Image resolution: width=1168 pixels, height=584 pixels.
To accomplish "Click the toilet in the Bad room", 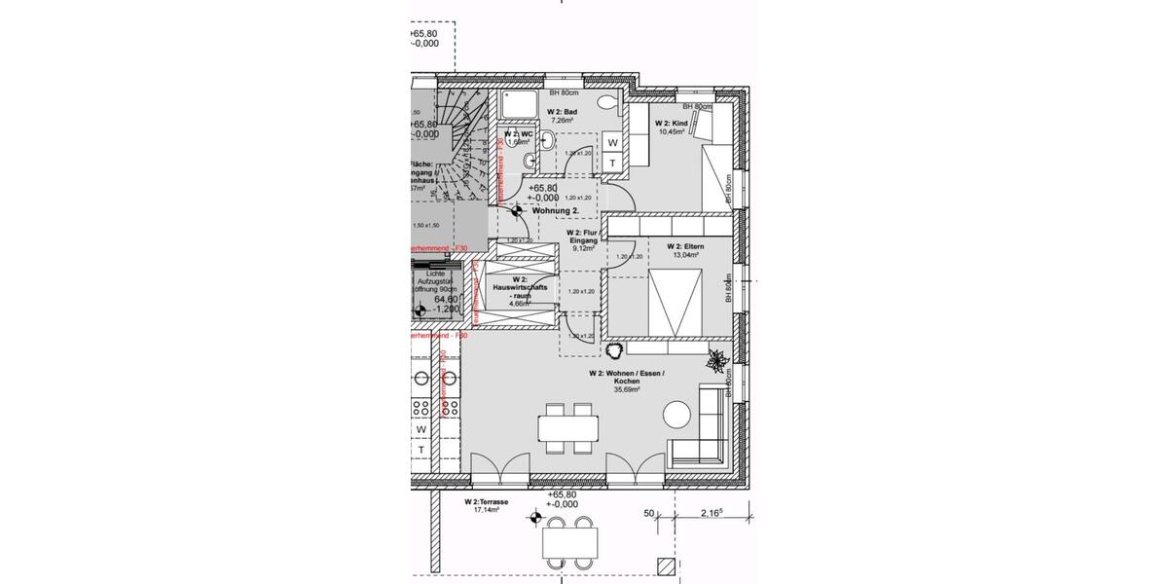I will pyautogui.click(x=608, y=101).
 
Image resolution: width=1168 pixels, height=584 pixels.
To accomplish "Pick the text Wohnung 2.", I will pyautogui.click(x=556, y=209).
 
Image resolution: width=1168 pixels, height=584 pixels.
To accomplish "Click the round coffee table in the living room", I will pyautogui.click(x=677, y=415).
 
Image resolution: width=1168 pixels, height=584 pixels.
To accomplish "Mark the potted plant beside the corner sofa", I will pyautogui.click(x=718, y=360).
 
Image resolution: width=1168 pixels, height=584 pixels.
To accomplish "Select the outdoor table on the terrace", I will pyautogui.click(x=568, y=539).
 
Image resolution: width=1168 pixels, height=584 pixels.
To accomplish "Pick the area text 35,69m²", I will pyautogui.click(x=626, y=389).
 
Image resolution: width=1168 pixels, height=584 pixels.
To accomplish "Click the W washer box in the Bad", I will pyautogui.click(x=613, y=143).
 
